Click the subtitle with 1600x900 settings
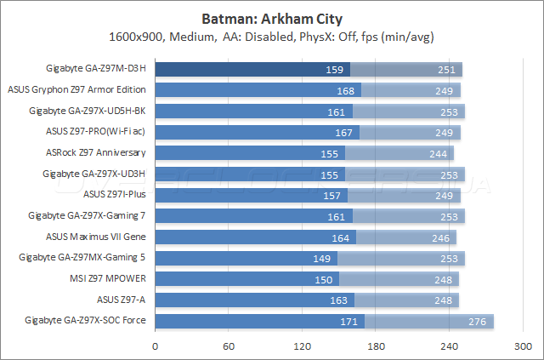pos(271,37)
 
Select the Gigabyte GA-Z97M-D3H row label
pos(95,69)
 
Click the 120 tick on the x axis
pos(302,346)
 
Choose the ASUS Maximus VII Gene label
pos(95,237)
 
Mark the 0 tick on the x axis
pos(155,346)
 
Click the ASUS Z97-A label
pos(122,300)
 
